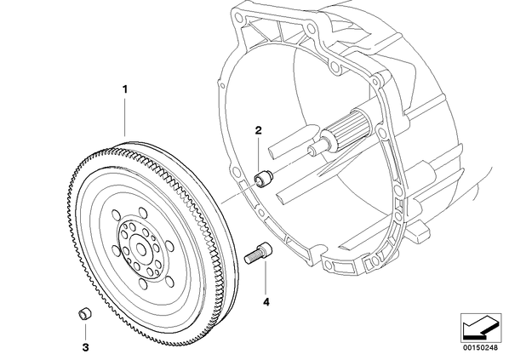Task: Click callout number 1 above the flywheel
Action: coord(124,89)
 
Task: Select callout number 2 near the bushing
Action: coord(258,130)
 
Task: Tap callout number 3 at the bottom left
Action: coord(85,348)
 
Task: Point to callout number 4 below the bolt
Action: coord(266,302)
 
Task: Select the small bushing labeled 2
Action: coord(263,179)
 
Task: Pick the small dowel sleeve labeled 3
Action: coord(85,314)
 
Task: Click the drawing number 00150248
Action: coord(480,348)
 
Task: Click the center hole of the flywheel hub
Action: coord(141,249)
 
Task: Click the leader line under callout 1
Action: coord(124,116)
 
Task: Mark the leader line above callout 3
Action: coord(85,331)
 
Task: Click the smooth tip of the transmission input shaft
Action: coord(314,149)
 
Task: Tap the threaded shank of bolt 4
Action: coord(252,256)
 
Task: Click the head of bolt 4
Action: coord(266,249)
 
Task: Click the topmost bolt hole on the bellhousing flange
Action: coord(239,16)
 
